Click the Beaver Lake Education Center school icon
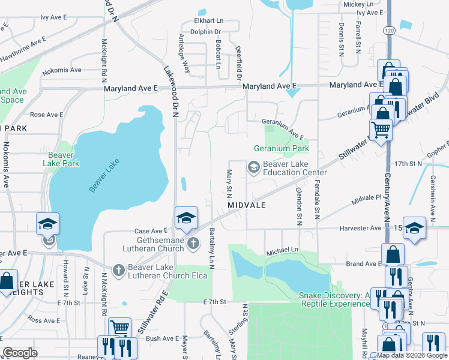[253, 167]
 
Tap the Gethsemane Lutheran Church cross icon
[193, 243]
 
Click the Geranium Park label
[282, 148]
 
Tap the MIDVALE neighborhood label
[246, 205]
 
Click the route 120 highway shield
[390, 29]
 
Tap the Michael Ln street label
[283, 249]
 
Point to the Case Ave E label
[151, 231]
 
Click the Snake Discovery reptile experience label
[334, 299]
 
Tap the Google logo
[20, 353]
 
